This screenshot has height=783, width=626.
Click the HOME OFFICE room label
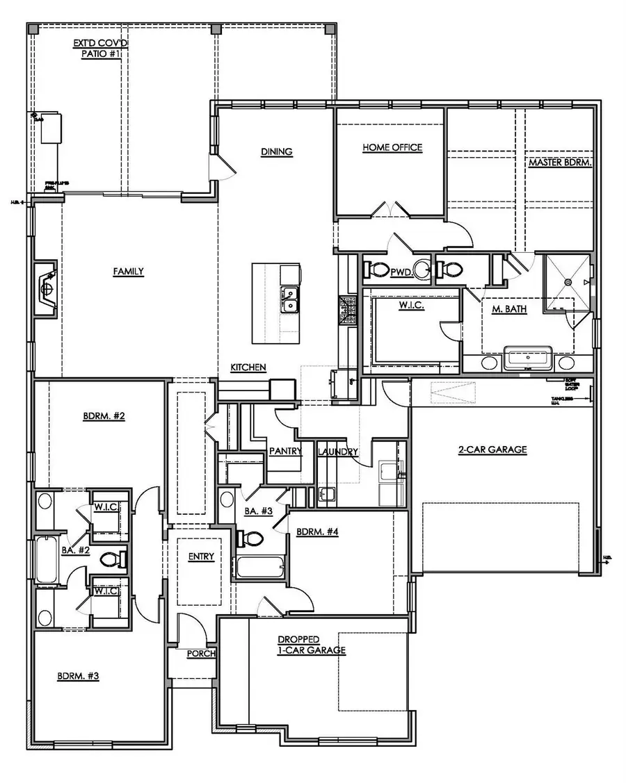(x=392, y=147)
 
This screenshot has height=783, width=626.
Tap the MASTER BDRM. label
(x=560, y=163)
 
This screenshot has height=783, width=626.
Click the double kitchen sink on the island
(x=290, y=302)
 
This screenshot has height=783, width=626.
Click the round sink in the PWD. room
(x=421, y=270)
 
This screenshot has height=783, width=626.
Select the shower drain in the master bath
(x=568, y=282)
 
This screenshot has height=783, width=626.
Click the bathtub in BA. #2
(x=47, y=560)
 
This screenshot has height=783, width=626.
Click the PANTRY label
(x=285, y=451)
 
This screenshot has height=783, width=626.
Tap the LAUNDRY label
(x=337, y=452)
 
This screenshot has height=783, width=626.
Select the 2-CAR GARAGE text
(x=492, y=450)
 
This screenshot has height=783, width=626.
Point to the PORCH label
(x=201, y=654)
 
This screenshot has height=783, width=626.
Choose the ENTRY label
(x=200, y=557)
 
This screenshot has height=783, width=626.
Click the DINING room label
(x=276, y=151)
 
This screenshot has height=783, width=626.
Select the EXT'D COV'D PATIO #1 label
(x=100, y=47)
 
